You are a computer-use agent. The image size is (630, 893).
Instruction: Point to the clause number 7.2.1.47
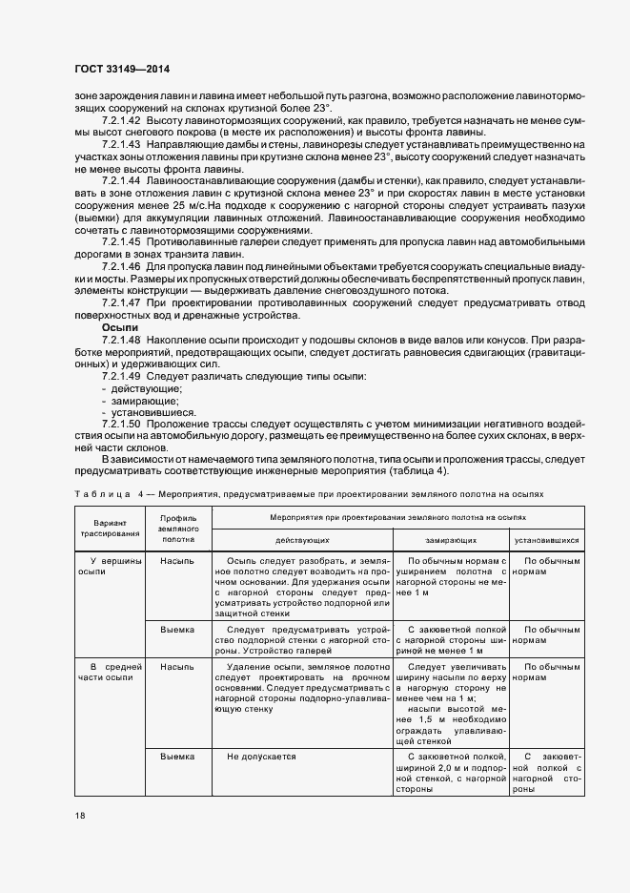point(121,302)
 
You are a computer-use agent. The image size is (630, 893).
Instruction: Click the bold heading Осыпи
point(120,326)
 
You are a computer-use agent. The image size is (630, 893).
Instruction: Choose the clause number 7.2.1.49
point(121,377)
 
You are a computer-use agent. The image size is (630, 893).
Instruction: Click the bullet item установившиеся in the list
point(149,412)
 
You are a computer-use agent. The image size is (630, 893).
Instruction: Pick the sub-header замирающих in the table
point(451,538)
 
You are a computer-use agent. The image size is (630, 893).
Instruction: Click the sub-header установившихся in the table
point(546,538)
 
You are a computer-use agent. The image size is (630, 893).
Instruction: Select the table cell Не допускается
point(261,757)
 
